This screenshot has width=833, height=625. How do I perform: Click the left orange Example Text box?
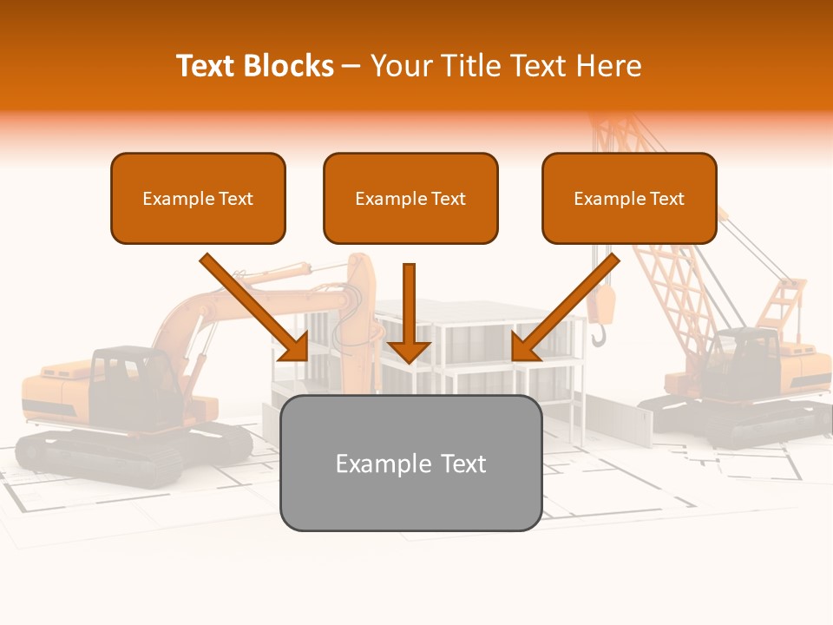click(x=198, y=199)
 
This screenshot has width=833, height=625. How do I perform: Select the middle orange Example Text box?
click(x=410, y=199)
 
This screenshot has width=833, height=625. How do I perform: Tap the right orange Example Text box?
click(x=629, y=199)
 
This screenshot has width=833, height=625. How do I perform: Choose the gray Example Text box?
click(x=410, y=463)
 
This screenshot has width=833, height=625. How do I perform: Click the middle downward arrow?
click(x=409, y=312)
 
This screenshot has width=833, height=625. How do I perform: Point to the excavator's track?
click(x=95, y=456)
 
